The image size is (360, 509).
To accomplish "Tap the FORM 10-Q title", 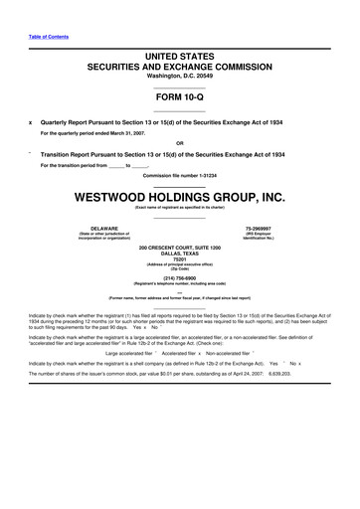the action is pyautogui.click(x=179, y=100).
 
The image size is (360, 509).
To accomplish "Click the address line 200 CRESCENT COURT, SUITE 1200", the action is pyautogui.click(x=179, y=246).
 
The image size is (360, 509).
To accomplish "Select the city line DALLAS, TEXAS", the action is pyautogui.click(x=179, y=253).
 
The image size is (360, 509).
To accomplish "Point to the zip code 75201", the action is pyautogui.click(x=179, y=259).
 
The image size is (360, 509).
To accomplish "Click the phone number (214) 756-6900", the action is pyautogui.click(x=179, y=277).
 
